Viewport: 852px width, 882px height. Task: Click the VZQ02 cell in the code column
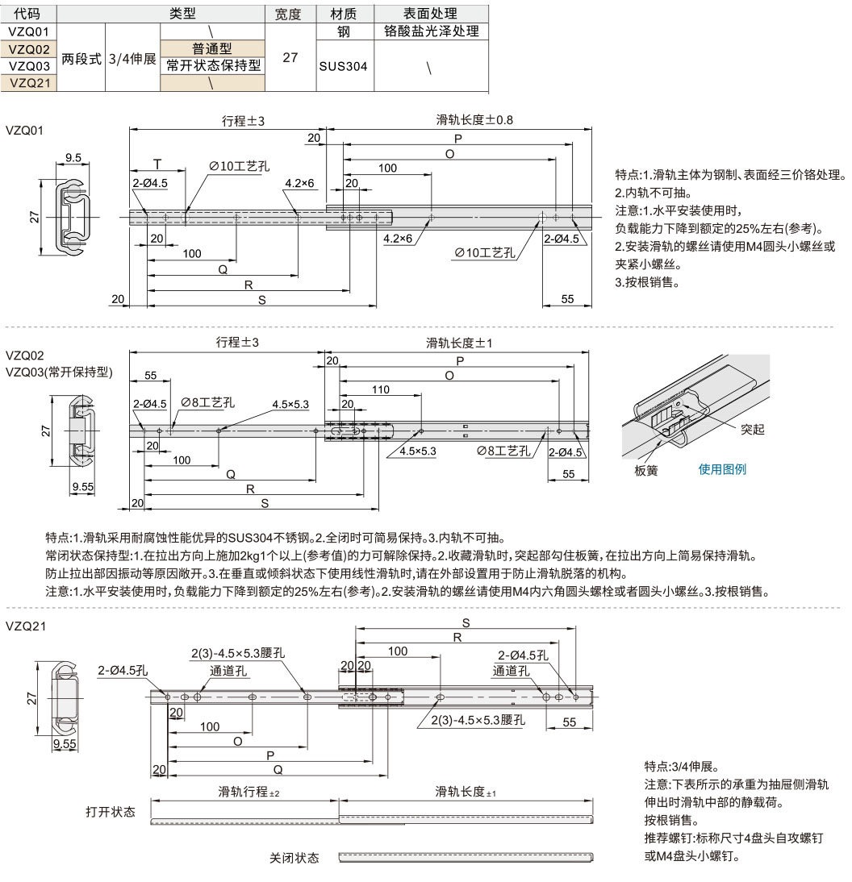[29, 49]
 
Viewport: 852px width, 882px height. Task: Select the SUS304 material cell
[343, 66]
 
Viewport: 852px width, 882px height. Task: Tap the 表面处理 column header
[431, 14]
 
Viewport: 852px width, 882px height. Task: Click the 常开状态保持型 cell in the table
[213, 66]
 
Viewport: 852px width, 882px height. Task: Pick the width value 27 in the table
[290, 57]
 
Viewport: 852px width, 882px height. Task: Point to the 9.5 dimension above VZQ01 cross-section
[73, 157]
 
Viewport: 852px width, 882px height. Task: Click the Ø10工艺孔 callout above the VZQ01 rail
[239, 166]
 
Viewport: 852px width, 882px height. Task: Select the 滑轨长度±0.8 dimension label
[474, 120]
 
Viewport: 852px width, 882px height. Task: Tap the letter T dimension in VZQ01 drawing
[157, 164]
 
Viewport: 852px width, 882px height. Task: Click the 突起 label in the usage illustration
[753, 429]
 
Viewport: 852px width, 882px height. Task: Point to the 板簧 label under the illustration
[646, 470]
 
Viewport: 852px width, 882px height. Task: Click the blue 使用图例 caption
[722, 469]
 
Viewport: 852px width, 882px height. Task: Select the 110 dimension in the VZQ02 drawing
[381, 389]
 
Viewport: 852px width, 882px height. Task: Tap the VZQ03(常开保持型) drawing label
[59, 372]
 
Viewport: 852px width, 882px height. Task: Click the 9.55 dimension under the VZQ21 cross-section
[65, 743]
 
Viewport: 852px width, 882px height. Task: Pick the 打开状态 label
[111, 812]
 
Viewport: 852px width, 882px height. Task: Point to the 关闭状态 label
[294, 858]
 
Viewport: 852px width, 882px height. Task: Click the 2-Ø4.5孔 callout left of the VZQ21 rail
[123, 671]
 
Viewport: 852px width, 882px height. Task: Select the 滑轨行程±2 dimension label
[248, 792]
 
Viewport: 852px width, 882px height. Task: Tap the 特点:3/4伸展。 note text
[682, 766]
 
